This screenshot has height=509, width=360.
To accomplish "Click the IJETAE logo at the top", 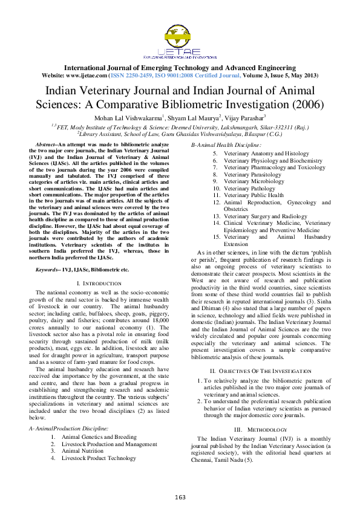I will (x=180, y=39).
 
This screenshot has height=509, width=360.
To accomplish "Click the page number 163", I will (x=180, y=497).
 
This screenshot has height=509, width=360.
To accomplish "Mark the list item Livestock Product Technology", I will (x=99, y=458).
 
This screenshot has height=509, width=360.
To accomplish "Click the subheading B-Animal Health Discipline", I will (x=226, y=146).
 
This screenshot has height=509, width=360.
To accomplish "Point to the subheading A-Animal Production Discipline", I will (x=68, y=428).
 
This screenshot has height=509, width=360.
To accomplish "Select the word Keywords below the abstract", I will (x=48, y=269).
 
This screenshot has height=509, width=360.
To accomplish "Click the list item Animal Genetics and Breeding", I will (x=99, y=436).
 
